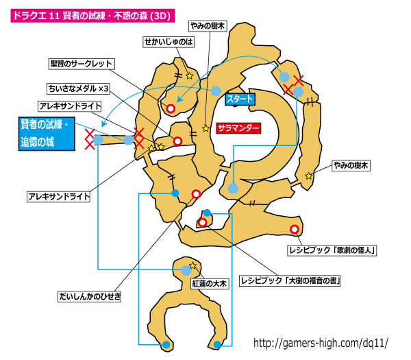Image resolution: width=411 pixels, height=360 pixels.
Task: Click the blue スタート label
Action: (240, 99)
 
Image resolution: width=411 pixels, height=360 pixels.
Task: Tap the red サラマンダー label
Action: (238, 128)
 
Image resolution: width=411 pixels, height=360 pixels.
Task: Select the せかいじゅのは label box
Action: (169, 42)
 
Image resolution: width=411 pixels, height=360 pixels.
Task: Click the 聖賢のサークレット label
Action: (82, 64)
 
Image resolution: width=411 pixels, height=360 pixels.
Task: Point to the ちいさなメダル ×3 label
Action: (78, 88)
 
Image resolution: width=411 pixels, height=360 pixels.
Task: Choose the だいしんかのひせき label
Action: (89, 296)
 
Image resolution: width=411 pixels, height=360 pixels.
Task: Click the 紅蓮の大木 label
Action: (209, 284)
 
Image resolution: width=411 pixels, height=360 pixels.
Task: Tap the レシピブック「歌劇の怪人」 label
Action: (332, 250)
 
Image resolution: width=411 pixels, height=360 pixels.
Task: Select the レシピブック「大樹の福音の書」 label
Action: (290, 280)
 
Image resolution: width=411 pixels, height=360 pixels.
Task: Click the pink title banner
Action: (92, 16)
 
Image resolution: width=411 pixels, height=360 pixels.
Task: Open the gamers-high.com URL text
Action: (321, 343)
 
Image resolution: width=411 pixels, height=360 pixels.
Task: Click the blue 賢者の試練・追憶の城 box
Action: (47, 134)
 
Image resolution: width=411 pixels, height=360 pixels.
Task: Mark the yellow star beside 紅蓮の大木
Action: (192, 265)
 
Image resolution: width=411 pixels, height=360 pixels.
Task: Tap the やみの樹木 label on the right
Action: (351, 165)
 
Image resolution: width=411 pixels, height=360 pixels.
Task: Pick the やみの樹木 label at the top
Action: (208, 26)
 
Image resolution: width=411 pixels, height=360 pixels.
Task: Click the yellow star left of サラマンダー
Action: (206, 128)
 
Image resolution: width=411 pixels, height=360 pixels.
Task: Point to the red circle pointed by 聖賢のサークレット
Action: (171, 108)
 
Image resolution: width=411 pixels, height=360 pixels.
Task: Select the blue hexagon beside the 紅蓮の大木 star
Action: (186, 270)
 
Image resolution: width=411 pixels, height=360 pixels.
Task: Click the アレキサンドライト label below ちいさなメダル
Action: (70, 106)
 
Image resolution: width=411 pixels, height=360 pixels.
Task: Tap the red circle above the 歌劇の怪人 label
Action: (295, 229)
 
